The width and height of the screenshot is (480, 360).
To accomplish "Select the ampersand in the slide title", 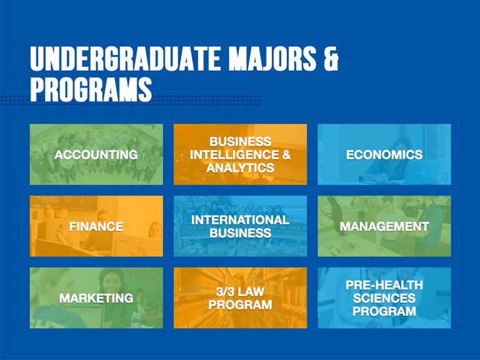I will [331, 59].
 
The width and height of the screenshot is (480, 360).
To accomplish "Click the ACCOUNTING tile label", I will [96, 154].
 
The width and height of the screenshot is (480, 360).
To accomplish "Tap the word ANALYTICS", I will [240, 167].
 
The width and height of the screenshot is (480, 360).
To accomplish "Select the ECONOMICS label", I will [384, 154].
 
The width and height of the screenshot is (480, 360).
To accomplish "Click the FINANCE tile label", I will [96, 226].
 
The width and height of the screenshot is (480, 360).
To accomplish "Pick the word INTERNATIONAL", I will [240, 219].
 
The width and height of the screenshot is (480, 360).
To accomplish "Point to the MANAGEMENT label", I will [384, 226].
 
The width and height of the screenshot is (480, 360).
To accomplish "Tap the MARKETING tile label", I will [96, 298].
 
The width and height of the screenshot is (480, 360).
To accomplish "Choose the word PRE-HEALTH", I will [384, 285].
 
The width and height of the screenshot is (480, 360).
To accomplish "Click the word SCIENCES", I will [384, 298].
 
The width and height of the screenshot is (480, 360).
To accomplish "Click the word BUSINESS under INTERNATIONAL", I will [240, 233].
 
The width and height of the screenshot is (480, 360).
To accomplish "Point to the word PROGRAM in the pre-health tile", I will [384, 311].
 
